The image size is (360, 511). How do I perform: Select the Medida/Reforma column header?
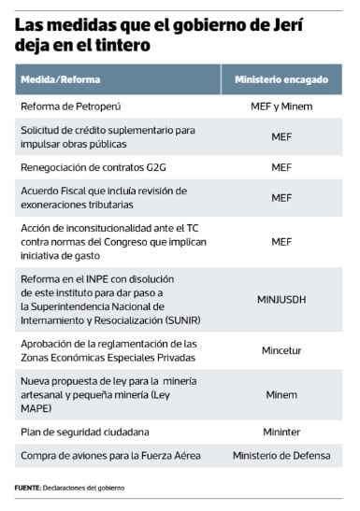(61, 79)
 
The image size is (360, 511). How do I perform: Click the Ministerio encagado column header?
(281, 79)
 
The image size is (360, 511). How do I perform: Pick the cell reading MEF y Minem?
(281, 107)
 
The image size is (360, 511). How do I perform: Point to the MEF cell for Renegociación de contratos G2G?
(281, 167)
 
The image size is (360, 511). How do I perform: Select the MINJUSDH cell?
(281, 300)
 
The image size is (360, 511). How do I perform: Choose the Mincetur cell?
(281, 351)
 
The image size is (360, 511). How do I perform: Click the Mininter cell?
(281, 432)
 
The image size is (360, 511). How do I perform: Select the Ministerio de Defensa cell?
(281, 455)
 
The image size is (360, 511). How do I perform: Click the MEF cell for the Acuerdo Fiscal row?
(281, 197)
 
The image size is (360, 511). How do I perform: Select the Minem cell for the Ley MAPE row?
(281, 394)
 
